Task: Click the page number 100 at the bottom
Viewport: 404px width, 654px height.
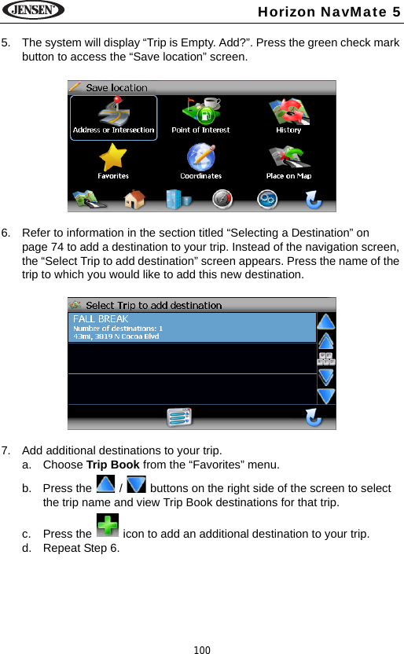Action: [x=202, y=649]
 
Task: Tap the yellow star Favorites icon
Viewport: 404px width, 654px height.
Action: [x=113, y=160]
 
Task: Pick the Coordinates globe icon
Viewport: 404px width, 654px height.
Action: [x=200, y=160]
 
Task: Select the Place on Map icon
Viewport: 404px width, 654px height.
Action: [x=288, y=160]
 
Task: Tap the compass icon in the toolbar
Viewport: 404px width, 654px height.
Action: [x=224, y=200]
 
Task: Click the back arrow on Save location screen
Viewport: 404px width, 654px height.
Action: [x=313, y=200]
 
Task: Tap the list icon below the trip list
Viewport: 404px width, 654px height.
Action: [x=179, y=417]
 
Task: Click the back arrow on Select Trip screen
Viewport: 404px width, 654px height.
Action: [x=313, y=417]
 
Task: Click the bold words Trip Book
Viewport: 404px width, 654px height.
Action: [x=112, y=465]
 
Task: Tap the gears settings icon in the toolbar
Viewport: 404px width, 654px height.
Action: [x=268, y=200]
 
